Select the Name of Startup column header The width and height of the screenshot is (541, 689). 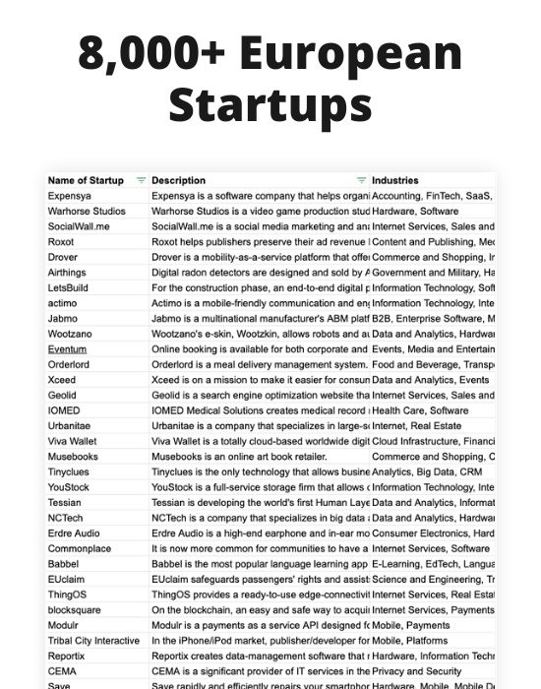click(86, 180)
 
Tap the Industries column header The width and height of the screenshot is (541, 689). click(395, 180)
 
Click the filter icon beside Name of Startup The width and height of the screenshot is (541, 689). click(141, 180)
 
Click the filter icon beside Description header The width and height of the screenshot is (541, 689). click(361, 180)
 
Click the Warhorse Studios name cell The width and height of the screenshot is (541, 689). click(87, 211)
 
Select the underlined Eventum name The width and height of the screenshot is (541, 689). click(67, 348)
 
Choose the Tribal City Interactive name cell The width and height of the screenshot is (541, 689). click(93, 640)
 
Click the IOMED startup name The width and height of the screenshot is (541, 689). click(64, 409)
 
